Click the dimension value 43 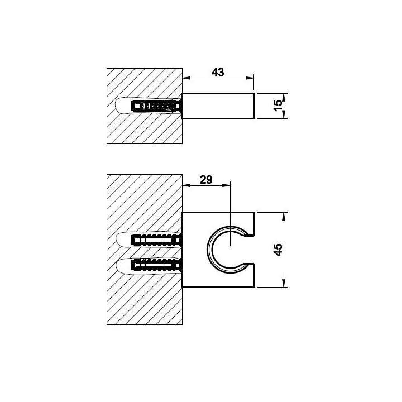(x=218, y=72)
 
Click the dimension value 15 (x=278, y=106)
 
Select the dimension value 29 (x=206, y=180)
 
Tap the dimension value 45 (x=278, y=250)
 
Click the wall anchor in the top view (x=157, y=106)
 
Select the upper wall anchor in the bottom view (x=157, y=240)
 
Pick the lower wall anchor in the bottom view (x=157, y=265)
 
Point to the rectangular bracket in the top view (x=218, y=106)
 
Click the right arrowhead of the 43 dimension (x=250, y=78)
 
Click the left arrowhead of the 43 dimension (x=186, y=78)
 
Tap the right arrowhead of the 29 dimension (x=226, y=185)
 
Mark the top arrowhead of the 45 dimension (x=284, y=217)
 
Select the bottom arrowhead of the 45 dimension (x=284, y=283)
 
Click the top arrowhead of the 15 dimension (x=284, y=98)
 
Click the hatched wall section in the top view (x=145, y=128)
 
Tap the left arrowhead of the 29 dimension (x=186, y=185)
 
